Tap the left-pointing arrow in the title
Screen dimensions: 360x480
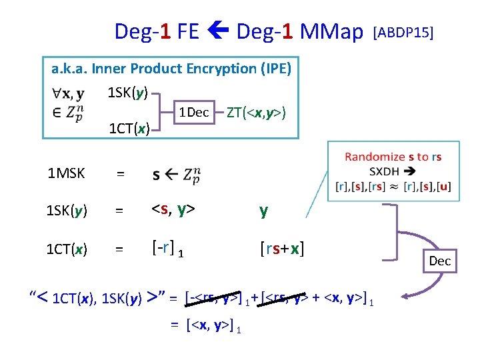(x=217, y=31)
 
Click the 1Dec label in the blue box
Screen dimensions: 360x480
(x=193, y=113)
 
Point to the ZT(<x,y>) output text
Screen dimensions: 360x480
(x=256, y=113)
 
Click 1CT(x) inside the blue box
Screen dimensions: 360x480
(x=129, y=128)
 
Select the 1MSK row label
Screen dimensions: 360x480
(x=66, y=174)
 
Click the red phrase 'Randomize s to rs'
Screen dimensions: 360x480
(x=393, y=157)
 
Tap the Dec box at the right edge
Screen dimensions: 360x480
(x=440, y=261)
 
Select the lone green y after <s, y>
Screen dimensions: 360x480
(x=264, y=211)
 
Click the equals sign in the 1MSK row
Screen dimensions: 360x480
(x=120, y=174)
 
